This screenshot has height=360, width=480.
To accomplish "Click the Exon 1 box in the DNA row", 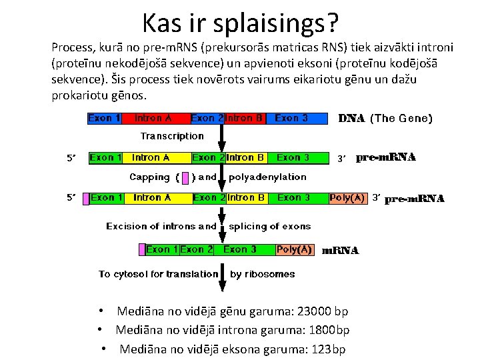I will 104,118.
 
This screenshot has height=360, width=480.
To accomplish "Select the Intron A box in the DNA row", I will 153,118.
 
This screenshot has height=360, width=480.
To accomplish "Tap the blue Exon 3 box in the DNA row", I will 291,118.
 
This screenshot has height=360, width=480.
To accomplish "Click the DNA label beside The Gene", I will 351,119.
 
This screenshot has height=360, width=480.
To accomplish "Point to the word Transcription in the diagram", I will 172,136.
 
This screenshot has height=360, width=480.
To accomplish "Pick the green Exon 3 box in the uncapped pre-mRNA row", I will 293,158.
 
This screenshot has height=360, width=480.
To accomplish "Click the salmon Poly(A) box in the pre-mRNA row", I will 347,198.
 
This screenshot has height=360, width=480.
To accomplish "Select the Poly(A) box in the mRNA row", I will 294,249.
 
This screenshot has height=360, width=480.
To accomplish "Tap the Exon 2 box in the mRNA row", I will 196,249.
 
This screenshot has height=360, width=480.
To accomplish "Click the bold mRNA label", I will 340,251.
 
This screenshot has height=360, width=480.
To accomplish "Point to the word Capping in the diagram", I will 149,177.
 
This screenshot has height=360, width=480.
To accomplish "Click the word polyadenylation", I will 267,177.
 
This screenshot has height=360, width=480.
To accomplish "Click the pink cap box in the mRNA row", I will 142,249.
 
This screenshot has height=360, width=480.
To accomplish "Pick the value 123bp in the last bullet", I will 329,349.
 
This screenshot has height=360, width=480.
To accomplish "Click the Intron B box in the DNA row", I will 246,118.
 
